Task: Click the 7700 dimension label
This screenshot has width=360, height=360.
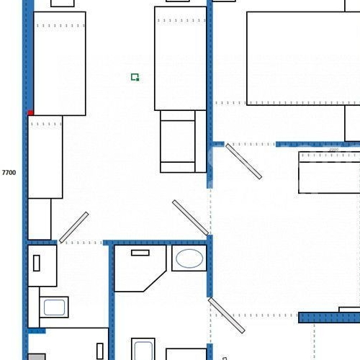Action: [x=9, y=173]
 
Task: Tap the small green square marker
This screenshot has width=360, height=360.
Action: [x=135, y=77]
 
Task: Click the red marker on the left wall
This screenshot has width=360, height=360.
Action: [x=30, y=112]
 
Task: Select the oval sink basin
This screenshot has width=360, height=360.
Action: [x=189, y=258]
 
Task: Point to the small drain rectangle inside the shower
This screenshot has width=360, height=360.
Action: [x=140, y=253]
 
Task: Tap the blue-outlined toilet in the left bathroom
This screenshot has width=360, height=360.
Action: [x=54, y=307]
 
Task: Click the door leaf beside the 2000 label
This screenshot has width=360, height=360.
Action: [x=243, y=161]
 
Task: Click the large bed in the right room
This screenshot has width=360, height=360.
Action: [x=302, y=58]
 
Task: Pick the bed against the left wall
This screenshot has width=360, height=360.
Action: [x=59, y=63]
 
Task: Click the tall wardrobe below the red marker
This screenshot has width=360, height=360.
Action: [x=45, y=156]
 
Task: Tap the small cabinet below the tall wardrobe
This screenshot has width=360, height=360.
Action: [x=40, y=219]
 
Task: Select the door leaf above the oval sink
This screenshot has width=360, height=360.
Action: [x=191, y=218]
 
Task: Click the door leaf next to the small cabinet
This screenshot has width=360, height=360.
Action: [x=73, y=228]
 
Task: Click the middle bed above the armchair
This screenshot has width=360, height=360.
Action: [x=180, y=58]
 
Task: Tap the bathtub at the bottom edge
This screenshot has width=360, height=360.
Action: [x=143, y=351]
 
